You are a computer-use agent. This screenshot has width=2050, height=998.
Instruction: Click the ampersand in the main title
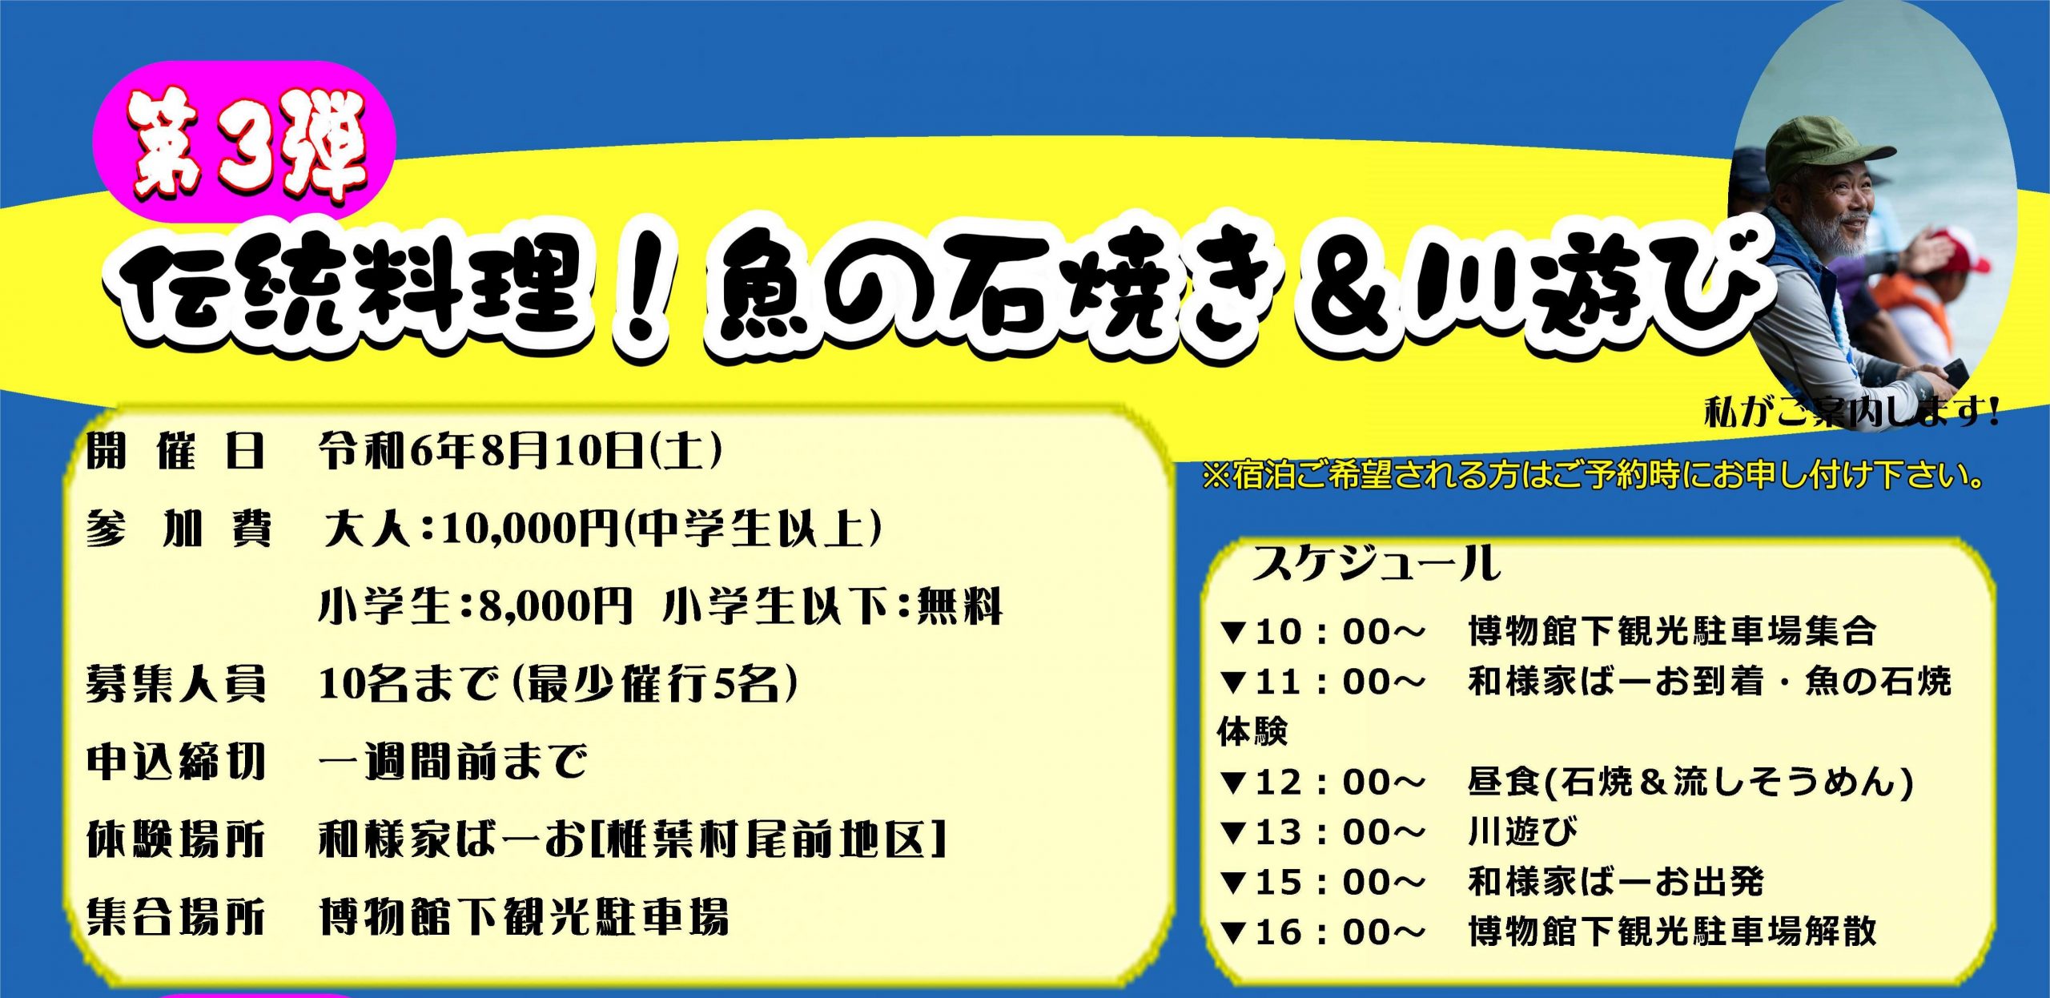pyautogui.click(x=1353, y=289)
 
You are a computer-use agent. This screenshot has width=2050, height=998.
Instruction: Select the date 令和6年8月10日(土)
pyautogui.click(x=521, y=451)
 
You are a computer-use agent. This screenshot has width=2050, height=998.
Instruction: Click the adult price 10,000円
pyautogui.click(x=529, y=529)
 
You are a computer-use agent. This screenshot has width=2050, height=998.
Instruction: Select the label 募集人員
pyautogui.click(x=176, y=684)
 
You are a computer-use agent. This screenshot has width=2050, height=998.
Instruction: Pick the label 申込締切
pyautogui.click(x=176, y=762)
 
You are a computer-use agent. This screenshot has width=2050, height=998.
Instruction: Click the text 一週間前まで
pyautogui.click(x=453, y=762)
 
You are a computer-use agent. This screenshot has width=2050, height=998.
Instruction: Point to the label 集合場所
pyautogui.click(x=176, y=917)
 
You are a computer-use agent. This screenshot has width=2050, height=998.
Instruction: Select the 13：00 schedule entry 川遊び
pyautogui.click(x=1523, y=832)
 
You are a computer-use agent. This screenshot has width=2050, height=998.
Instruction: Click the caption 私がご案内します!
pyautogui.click(x=1851, y=412)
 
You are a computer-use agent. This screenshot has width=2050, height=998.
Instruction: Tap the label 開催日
pyautogui.click(x=176, y=451)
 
